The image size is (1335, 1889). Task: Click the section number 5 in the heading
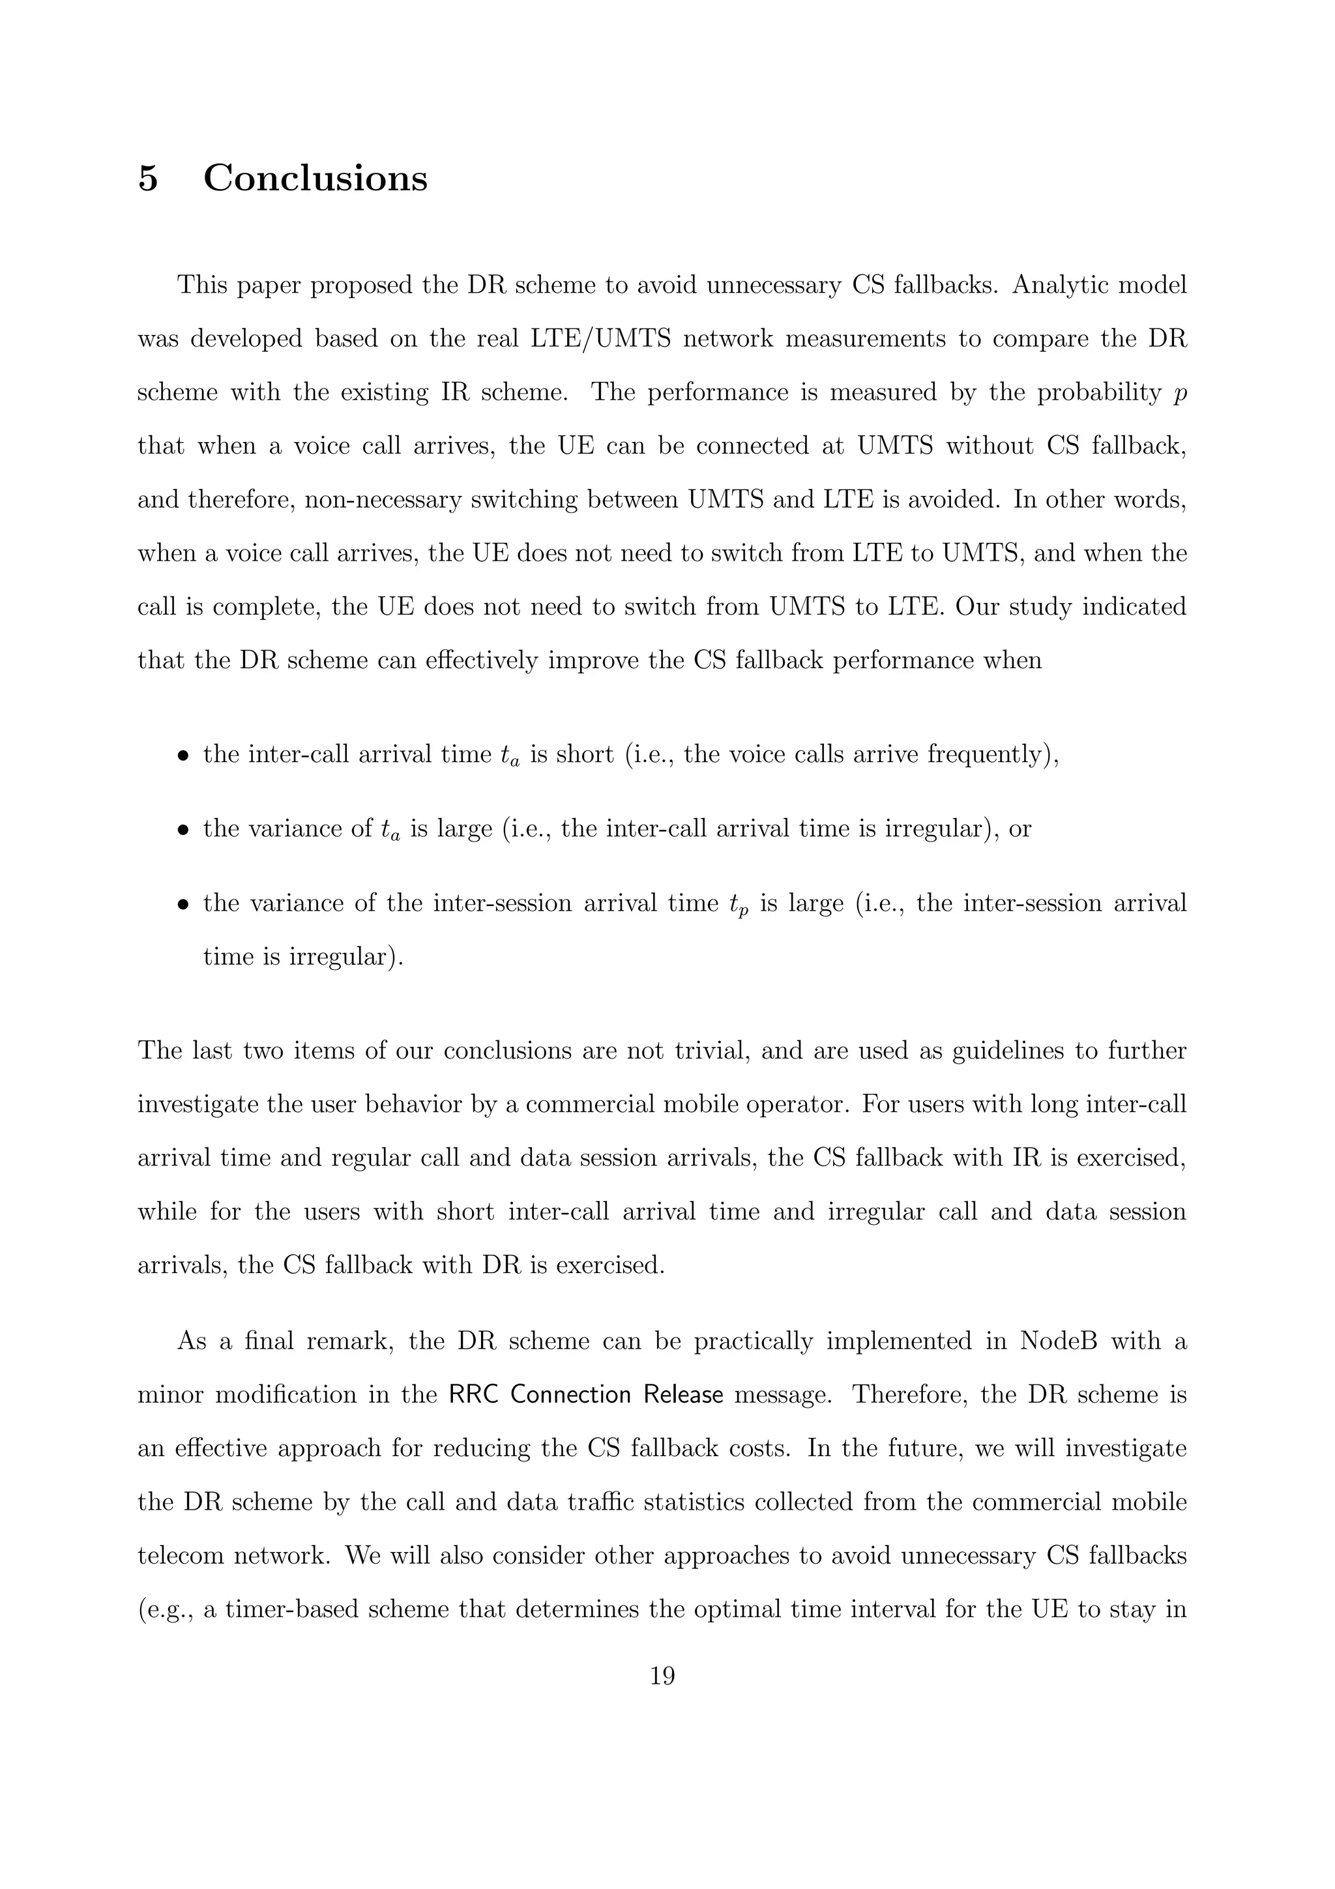[148, 179]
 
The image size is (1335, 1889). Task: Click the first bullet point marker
[183, 756]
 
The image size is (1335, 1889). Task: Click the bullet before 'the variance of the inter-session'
[183, 905]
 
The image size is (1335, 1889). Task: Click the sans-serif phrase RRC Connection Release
[587, 1394]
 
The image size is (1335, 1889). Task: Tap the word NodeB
[1058, 1341]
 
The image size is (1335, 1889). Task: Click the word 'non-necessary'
[383, 500]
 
